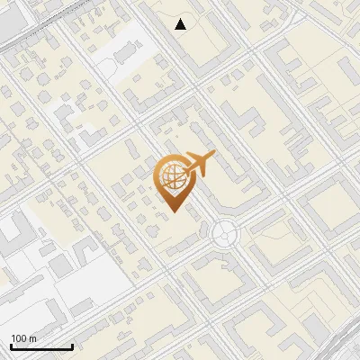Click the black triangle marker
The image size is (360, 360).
181,24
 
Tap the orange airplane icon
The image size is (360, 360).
198,165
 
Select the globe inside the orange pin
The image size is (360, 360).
171,177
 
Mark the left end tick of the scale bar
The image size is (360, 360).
11,346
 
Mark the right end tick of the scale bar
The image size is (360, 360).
72,346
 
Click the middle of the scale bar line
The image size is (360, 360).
41,347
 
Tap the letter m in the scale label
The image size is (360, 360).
32,338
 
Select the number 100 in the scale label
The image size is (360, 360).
19,338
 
